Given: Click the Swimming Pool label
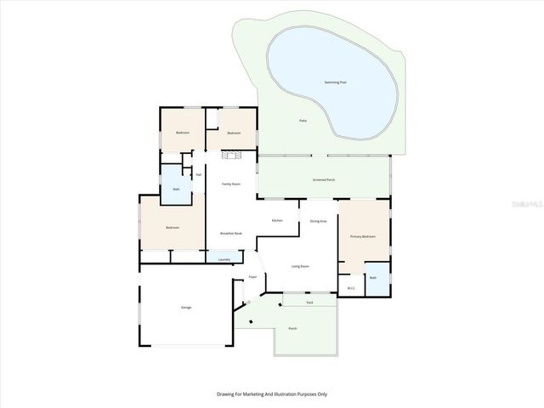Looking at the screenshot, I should click(336, 82).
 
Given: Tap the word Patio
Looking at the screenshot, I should click(302, 121).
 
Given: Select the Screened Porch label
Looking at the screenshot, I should click(324, 180).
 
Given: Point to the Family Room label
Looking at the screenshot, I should click(230, 184).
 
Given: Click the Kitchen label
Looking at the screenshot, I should click(277, 220).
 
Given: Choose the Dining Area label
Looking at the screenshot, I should click(319, 221).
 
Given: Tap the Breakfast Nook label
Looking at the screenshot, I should click(231, 233).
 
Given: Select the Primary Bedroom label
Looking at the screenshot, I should click(363, 236).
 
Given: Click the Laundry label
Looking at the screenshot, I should click(224, 259).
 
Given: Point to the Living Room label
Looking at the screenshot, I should click(300, 266).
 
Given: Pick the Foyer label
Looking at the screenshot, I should click(252, 278).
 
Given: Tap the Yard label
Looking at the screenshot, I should click(309, 302).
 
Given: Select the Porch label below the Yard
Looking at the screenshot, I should click(292, 328).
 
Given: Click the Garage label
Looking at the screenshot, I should click(185, 307).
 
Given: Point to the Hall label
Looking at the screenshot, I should click(198, 175).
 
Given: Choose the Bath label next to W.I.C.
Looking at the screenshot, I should click(372, 277).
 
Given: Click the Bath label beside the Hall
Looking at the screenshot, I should click(176, 189).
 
